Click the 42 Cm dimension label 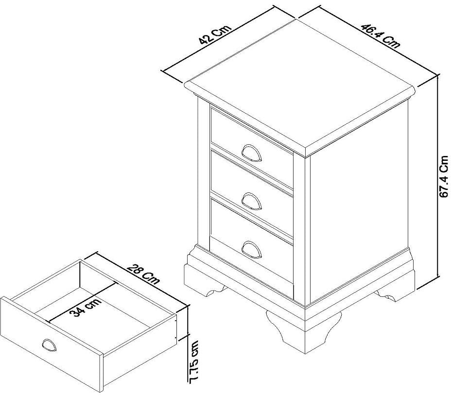pos(214,34)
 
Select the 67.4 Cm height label pos(444,176)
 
